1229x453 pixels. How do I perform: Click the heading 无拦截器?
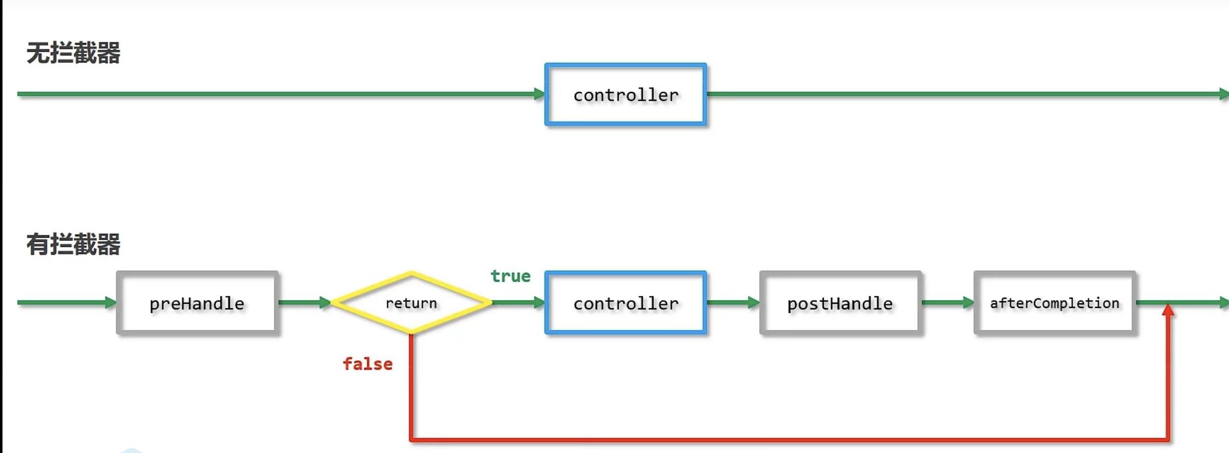73,53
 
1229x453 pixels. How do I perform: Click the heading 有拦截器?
73,244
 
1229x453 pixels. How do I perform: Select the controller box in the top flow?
626,94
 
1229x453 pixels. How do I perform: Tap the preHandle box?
197,303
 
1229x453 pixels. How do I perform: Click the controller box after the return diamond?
626,303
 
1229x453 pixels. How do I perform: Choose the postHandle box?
840,303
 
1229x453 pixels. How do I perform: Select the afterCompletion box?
1055,303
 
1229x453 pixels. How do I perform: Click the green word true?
511,276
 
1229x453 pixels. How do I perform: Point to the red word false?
368,364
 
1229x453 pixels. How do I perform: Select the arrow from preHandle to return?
304,302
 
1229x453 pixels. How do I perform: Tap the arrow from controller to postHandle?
733,302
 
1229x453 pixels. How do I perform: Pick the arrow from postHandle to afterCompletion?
948,302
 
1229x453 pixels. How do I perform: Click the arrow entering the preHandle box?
67,302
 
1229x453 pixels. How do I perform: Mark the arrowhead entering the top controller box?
540,94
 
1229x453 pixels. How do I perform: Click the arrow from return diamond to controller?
518,302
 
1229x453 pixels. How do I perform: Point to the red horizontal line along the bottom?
790,439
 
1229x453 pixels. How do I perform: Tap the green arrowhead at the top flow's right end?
1224,94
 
